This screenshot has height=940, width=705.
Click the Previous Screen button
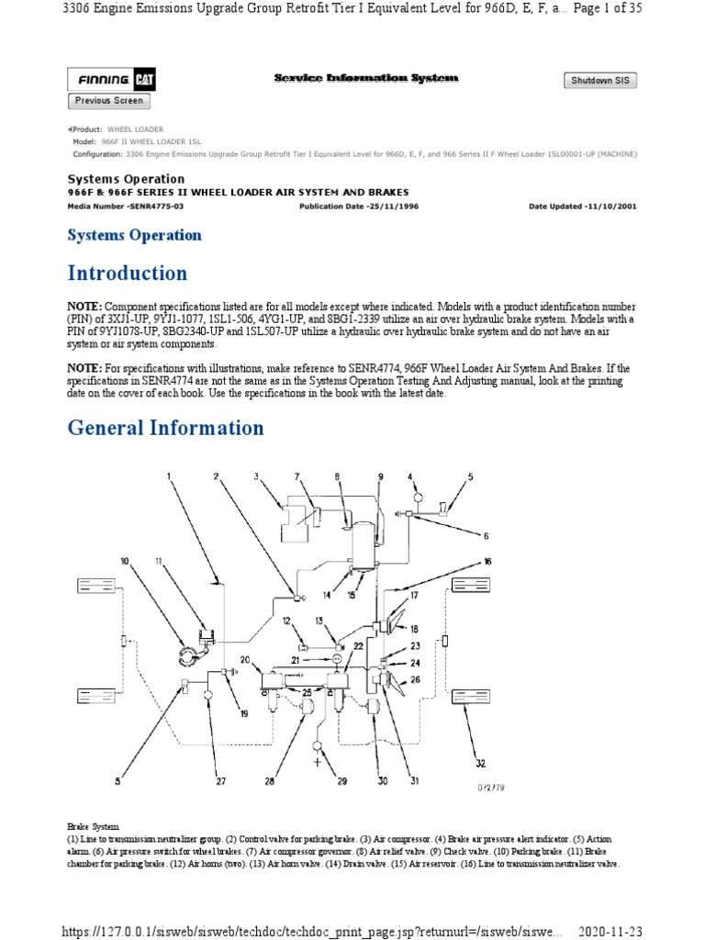tap(108, 101)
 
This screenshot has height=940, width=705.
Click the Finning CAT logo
tap(111, 81)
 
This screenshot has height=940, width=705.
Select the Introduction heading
tap(127, 274)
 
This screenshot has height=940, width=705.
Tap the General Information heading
tap(165, 428)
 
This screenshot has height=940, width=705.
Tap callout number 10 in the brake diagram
tap(125, 560)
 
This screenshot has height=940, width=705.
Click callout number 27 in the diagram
tap(220, 781)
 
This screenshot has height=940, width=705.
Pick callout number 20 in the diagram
tap(244, 660)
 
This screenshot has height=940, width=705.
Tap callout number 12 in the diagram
tap(286, 621)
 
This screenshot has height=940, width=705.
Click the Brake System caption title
tap(94, 827)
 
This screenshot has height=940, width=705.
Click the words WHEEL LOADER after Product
tap(136, 129)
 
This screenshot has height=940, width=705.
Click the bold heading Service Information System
tap(365, 79)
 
